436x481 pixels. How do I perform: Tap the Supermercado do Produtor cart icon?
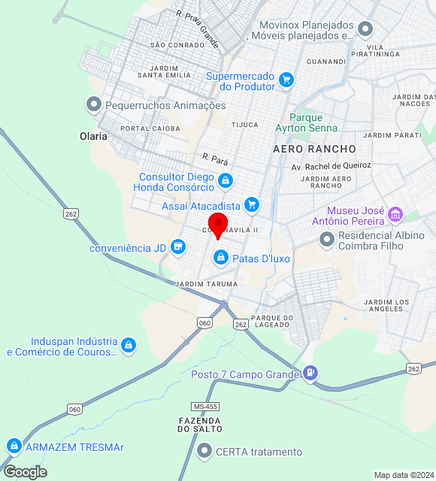(x=286, y=80)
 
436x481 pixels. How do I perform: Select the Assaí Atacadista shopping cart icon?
(x=251, y=204)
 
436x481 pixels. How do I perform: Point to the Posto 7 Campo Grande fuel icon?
(x=310, y=373)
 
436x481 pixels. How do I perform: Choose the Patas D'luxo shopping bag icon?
(x=221, y=259)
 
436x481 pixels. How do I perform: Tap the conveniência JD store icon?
(x=178, y=247)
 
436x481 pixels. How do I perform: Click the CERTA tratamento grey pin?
(x=204, y=451)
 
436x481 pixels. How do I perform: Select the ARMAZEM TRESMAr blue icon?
(x=14, y=446)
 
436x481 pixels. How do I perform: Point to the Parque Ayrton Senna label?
(x=305, y=123)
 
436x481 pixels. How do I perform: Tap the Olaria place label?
(x=93, y=137)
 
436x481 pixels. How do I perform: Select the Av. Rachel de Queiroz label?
(x=332, y=166)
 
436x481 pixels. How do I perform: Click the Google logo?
(x=25, y=472)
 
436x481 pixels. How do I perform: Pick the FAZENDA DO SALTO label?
(x=199, y=425)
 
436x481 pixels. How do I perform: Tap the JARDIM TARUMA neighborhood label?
(x=206, y=285)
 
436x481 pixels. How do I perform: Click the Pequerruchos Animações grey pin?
(x=94, y=104)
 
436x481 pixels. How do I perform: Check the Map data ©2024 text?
(x=404, y=475)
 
